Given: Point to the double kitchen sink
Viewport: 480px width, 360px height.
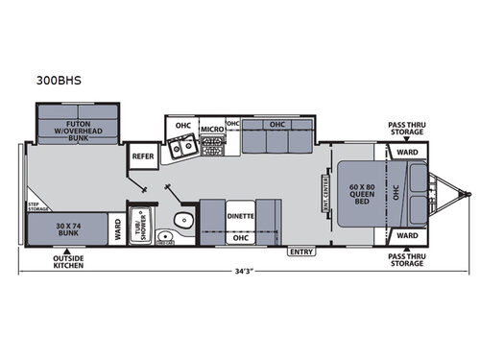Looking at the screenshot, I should click(180, 148).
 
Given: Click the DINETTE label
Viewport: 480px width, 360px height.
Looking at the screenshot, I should click(241, 217).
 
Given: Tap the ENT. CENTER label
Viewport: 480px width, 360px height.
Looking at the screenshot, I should click(325, 192).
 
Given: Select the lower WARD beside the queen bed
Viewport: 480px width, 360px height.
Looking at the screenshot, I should click(405, 234).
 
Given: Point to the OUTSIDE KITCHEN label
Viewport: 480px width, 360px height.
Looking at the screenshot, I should click(68, 261).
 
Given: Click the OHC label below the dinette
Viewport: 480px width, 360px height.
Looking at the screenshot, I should click(240, 237).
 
